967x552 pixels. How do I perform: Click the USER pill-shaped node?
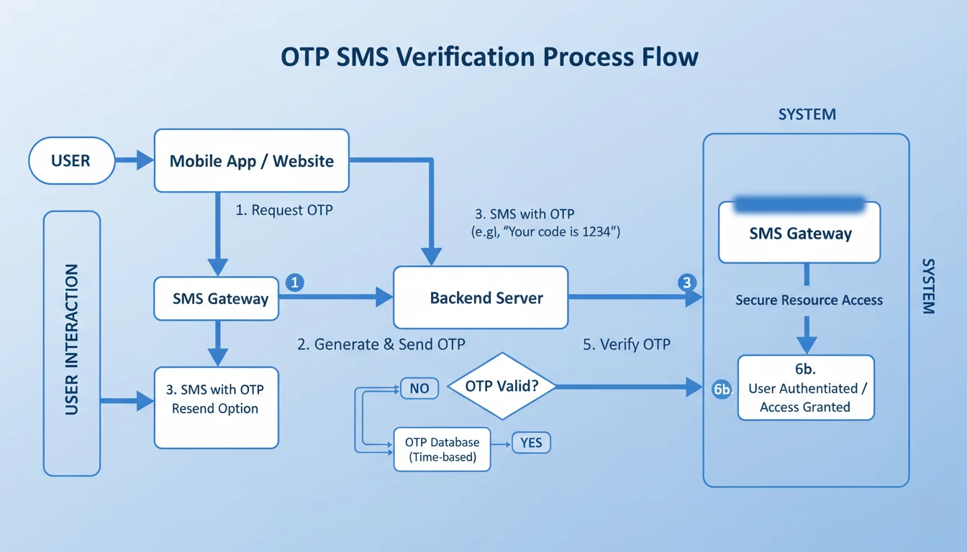71,160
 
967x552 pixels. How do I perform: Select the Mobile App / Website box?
252,160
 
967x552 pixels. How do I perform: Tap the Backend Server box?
481,298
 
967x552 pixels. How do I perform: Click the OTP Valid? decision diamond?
501,386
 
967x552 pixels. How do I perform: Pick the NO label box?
419,389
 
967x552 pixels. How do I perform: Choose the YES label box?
530,443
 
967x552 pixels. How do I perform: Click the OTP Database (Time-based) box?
442,449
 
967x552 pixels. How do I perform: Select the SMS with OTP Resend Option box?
216,398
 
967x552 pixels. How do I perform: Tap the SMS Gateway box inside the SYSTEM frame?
800,232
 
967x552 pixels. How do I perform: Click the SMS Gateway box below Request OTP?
216,298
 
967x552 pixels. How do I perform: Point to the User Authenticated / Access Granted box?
806,387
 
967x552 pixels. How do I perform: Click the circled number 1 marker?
294,282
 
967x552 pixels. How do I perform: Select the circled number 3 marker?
687,282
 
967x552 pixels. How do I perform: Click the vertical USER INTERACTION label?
72,339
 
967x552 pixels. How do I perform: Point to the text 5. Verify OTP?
626,344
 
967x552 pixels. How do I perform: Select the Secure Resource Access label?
809,300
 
